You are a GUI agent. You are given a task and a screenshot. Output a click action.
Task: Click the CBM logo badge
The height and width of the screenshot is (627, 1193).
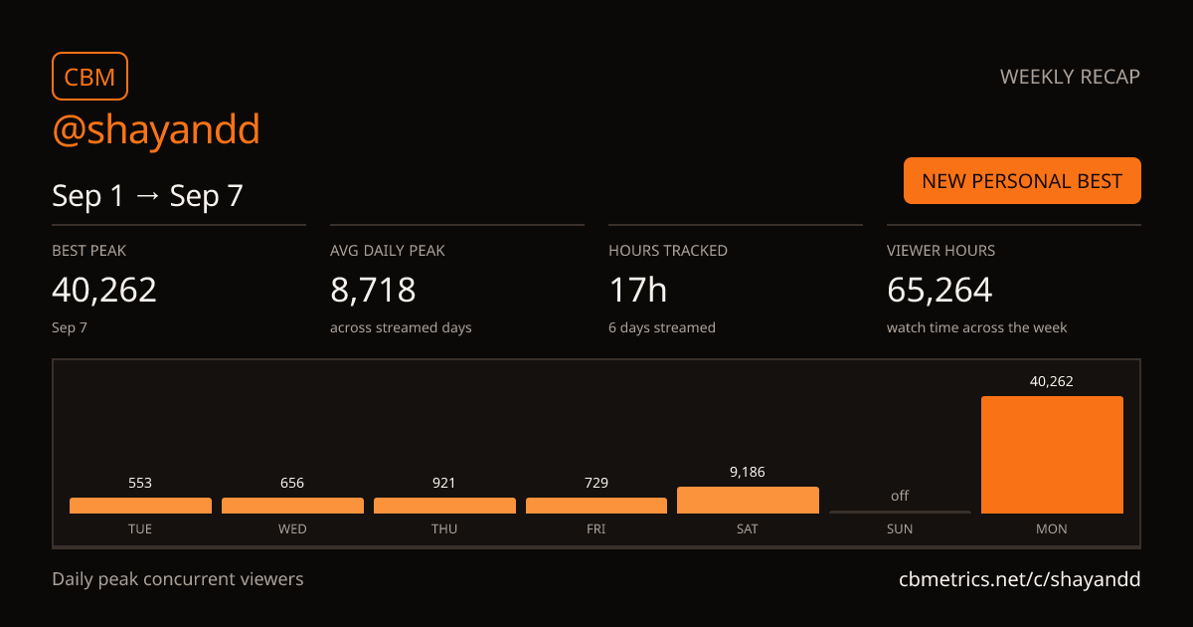pos(90,77)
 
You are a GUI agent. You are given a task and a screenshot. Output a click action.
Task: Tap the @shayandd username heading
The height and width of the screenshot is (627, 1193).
pos(156,130)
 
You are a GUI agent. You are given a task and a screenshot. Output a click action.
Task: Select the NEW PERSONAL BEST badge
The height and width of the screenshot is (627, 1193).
pos(1022,181)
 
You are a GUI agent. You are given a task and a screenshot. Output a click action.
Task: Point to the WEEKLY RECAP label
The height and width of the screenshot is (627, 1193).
pos(1070,77)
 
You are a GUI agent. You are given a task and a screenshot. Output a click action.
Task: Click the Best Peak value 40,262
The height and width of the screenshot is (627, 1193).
pos(104,290)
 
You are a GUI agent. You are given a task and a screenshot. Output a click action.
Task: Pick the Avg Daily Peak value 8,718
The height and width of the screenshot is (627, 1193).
pos(373,290)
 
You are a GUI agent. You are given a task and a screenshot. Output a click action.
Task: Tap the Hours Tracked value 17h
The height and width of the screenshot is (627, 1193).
pos(637,290)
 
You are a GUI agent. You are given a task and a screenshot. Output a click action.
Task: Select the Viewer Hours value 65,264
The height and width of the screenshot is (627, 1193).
pos(939,290)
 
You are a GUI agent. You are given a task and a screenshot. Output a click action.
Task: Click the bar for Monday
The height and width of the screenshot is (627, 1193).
pos(1052,455)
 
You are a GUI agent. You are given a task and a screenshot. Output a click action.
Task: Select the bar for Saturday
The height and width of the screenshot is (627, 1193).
pos(748,500)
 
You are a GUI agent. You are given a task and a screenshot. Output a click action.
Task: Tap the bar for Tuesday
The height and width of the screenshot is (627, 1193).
pos(140,506)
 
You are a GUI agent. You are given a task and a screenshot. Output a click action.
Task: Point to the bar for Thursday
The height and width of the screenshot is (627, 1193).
pos(444,506)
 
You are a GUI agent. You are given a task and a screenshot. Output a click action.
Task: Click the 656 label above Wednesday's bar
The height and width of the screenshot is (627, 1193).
pos(292,483)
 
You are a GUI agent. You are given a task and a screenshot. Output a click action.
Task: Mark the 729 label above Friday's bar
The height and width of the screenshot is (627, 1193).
pos(596,483)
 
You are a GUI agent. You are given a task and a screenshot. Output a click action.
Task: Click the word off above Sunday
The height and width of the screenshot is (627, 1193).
pos(900,496)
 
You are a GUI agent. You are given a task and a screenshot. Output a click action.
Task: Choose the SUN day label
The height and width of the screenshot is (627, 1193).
pos(900,528)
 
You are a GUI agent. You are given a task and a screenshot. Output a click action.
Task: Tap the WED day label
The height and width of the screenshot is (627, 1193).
pos(292,528)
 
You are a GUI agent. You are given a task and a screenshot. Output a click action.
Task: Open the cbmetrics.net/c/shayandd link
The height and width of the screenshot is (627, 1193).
pos(1019,579)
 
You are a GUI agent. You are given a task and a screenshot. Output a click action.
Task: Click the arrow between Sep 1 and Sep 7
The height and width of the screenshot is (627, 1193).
pos(147,196)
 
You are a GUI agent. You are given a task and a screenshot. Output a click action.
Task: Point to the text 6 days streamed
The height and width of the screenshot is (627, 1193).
pos(662,327)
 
